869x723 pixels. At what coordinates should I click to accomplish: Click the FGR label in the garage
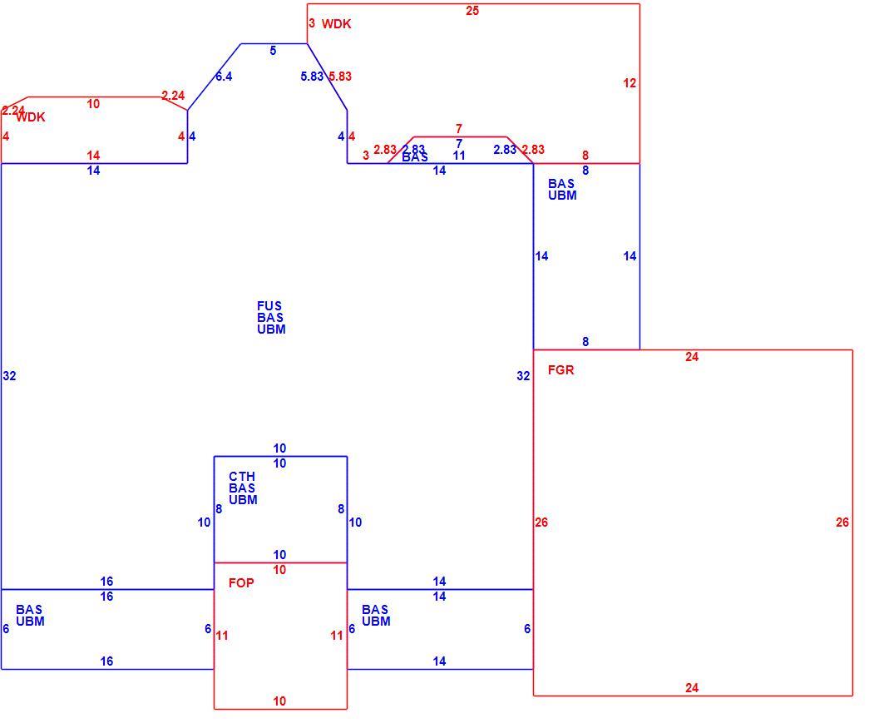pos(560,369)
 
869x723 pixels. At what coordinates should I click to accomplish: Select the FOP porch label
pos(241,582)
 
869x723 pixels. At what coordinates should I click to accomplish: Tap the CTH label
pos(242,476)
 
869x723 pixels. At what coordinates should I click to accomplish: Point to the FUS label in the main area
pos(269,305)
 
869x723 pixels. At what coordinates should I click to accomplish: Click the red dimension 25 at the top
pos(472,11)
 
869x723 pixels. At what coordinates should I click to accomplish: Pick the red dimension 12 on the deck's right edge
pos(630,83)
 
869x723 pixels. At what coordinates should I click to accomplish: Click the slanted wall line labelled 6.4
pos(214,77)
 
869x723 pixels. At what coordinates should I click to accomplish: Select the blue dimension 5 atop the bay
pos(273,51)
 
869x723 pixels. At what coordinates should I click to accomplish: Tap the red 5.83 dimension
pos(340,76)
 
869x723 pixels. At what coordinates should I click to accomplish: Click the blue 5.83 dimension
pos(312,76)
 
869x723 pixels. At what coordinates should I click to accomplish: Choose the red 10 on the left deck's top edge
pos(93,104)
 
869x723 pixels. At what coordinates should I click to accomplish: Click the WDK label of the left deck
pos(31,117)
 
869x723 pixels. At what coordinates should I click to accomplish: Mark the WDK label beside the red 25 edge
pos(337,24)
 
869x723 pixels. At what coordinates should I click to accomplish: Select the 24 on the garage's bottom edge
pos(692,687)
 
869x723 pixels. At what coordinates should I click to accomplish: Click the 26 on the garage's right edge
pos(842,522)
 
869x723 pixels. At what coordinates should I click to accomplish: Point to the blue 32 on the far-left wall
pos(9,375)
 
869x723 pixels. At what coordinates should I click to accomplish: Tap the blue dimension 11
pos(459,156)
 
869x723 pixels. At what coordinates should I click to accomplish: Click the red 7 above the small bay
pos(459,128)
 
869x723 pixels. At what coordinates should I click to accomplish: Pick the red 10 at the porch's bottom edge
pos(279,701)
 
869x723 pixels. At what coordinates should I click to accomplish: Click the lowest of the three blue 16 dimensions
pos(106,661)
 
